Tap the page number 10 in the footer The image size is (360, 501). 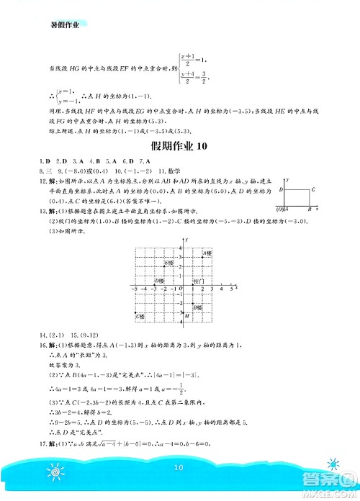pyautogui.click(x=180, y=469)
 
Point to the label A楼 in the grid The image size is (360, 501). pyautogui.click(x=207, y=253)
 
